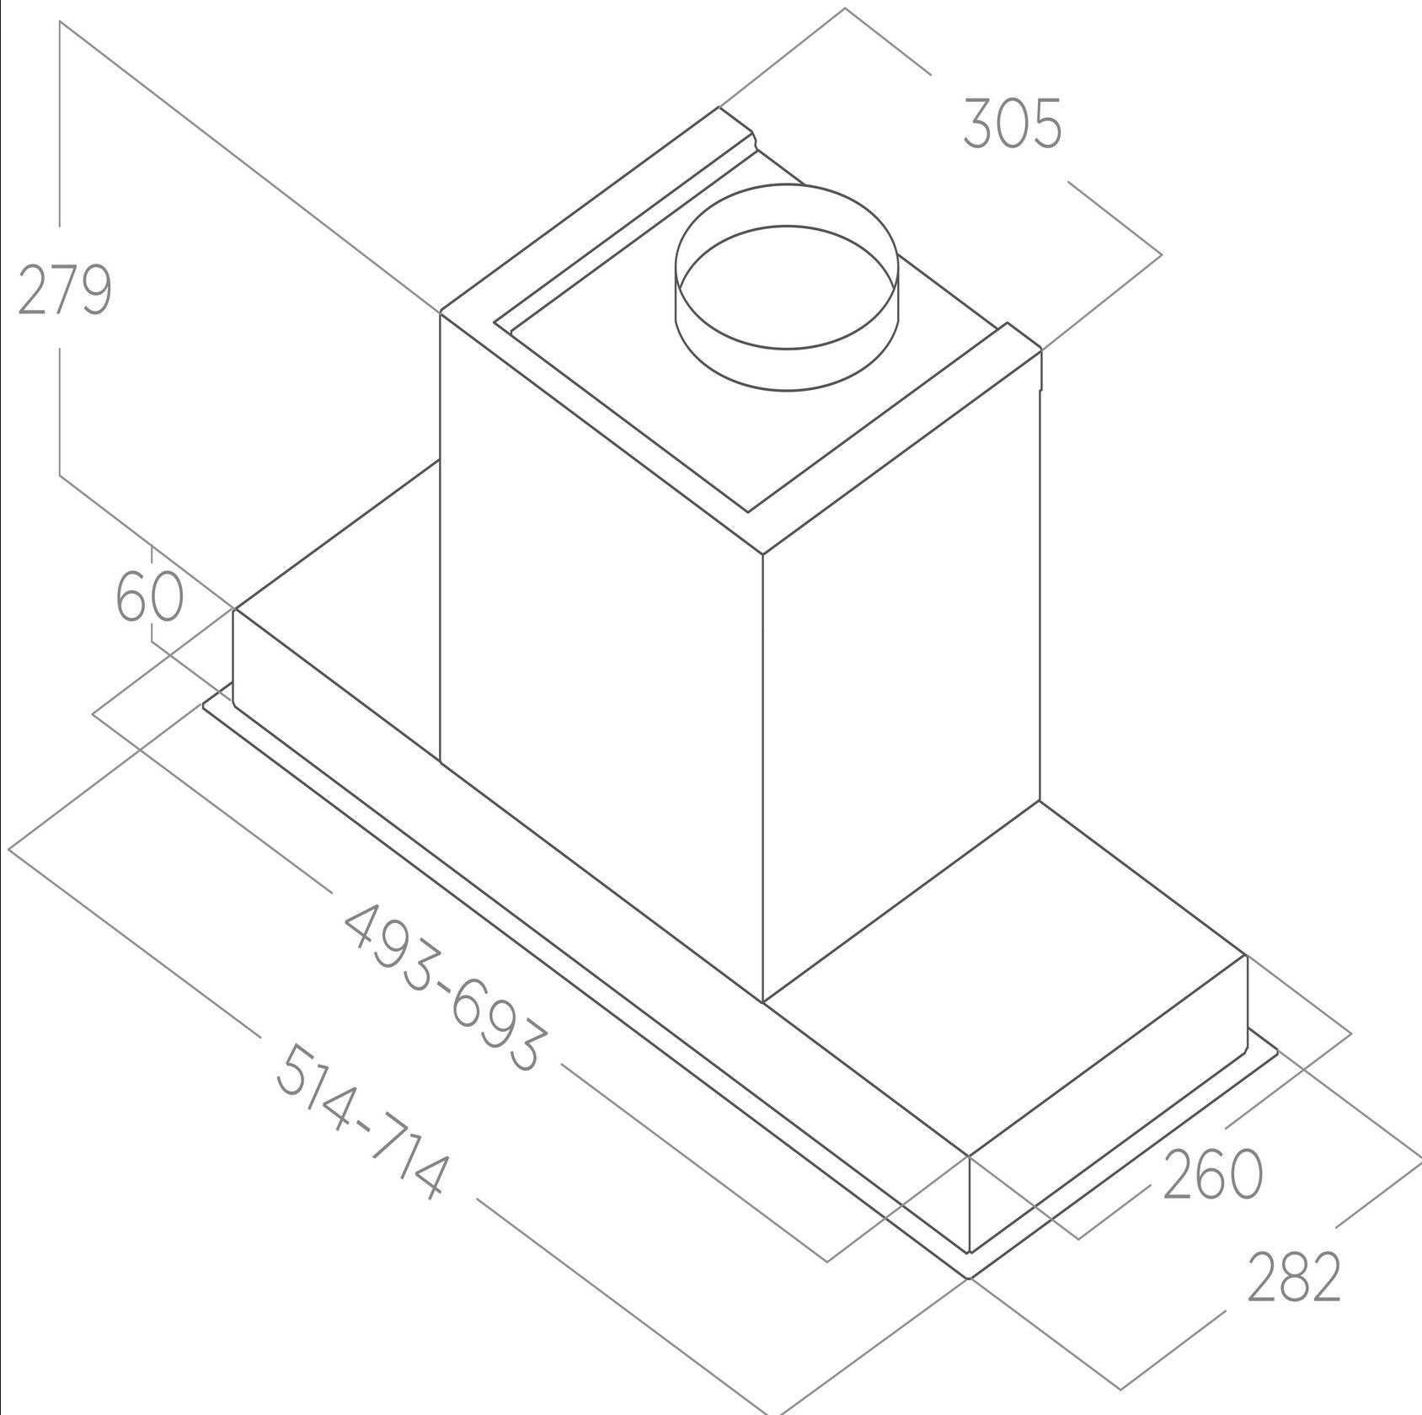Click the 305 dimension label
coord(1012,124)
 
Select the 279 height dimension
coord(65,290)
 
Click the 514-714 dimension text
coord(360,1121)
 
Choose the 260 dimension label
coord(1212,1173)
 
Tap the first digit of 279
coord(31,291)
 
